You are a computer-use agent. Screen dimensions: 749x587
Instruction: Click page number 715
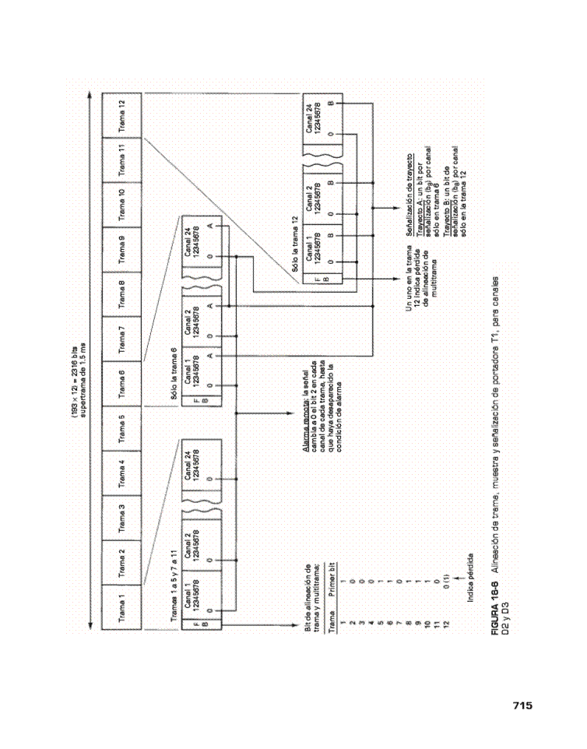(522, 705)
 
